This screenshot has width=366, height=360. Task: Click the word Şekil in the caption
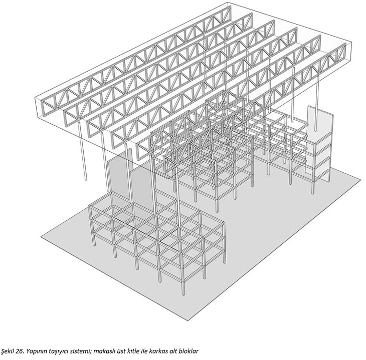(8, 351)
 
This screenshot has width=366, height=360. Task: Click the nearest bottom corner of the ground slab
(188, 320)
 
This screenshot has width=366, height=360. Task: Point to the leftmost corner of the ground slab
(41, 237)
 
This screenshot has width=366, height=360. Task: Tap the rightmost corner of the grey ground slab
(360, 179)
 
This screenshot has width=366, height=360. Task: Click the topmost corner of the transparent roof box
(227, 3)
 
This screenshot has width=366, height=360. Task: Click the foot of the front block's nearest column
(183, 294)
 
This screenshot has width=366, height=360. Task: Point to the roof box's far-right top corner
(352, 43)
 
